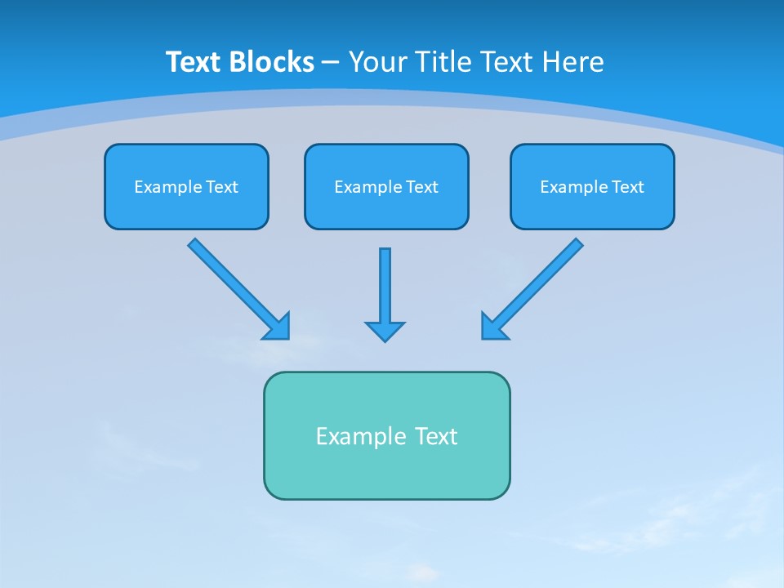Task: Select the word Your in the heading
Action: (x=377, y=62)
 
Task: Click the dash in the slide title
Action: (x=331, y=63)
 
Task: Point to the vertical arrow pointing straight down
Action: (x=385, y=286)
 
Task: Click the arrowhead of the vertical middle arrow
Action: (x=385, y=331)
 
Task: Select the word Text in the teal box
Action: (x=436, y=436)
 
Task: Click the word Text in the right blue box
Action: (x=627, y=187)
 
